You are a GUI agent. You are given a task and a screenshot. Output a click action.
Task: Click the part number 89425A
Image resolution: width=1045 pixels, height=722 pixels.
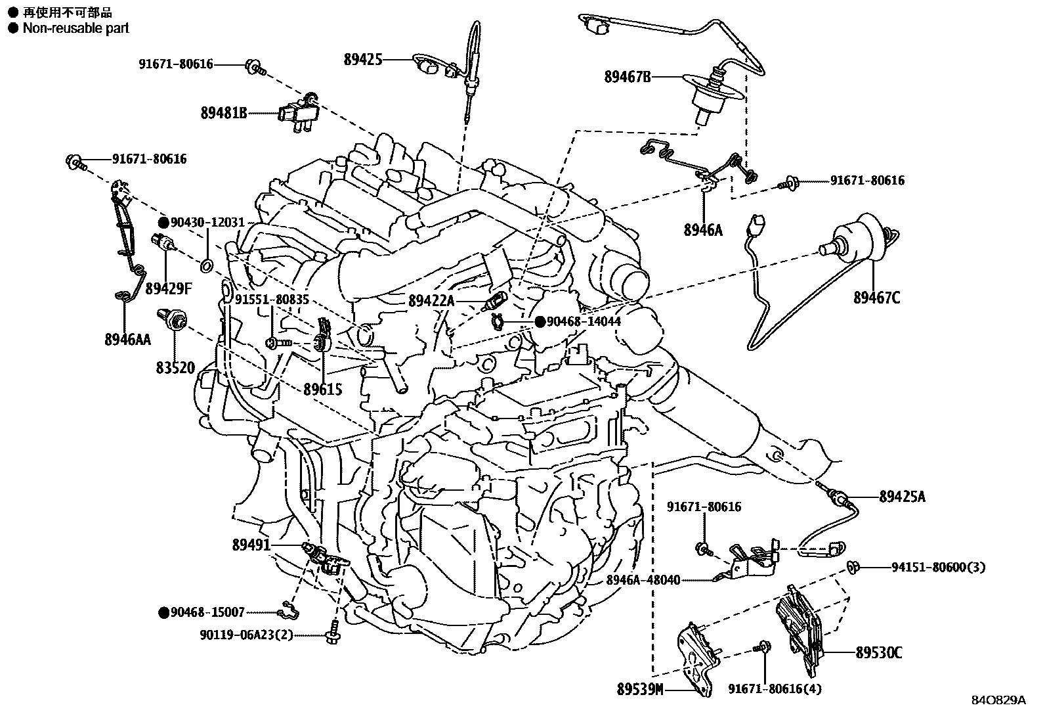(903, 497)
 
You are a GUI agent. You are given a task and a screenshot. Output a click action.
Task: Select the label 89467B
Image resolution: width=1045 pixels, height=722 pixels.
(628, 78)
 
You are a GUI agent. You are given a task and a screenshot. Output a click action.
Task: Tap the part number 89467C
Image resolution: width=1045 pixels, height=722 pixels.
(876, 298)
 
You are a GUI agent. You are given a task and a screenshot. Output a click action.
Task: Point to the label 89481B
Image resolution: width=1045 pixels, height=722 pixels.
(224, 113)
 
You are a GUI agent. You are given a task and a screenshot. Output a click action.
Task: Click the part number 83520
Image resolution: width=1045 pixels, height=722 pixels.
(175, 368)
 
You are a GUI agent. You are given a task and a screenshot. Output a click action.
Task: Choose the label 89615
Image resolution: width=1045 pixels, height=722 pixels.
(322, 390)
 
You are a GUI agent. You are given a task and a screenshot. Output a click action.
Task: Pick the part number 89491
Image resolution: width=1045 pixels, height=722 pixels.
(251, 545)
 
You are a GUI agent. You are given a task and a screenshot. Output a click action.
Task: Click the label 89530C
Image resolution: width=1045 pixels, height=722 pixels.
(878, 653)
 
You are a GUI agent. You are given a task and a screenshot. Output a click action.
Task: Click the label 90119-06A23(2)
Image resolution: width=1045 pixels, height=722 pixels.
(247, 635)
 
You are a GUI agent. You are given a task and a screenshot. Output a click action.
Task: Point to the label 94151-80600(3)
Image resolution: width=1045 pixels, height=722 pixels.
(938, 567)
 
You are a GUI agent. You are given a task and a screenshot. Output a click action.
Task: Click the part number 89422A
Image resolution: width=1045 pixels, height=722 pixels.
(431, 301)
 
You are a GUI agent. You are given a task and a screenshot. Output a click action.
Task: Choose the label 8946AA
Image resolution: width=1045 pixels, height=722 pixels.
(127, 339)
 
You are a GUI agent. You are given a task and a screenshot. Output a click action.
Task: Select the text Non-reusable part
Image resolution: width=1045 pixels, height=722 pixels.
(75, 28)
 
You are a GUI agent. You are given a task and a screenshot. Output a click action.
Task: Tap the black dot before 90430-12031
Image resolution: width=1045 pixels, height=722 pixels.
(163, 223)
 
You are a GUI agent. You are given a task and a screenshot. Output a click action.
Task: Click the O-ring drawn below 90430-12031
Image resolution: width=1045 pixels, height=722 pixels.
(205, 266)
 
